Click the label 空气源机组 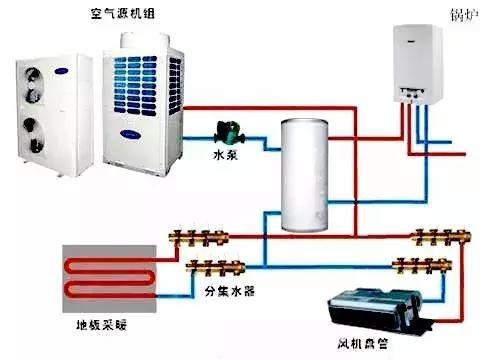pos(123,14)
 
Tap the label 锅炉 pos(464,15)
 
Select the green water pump pos(229,133)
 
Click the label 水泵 pos(225,155)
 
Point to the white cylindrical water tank pos(304,175)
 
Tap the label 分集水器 pos(230,292)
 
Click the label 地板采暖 pos(102,325)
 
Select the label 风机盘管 pos(363,343)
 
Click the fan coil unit pos(375,310)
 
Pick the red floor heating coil pos(110,277)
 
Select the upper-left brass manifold pos(199,237)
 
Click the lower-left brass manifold pos(216,267)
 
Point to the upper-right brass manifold pos(441,237)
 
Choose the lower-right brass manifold pos(422,266)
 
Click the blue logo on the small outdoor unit pos(62,71)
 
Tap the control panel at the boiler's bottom pos(412,94)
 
